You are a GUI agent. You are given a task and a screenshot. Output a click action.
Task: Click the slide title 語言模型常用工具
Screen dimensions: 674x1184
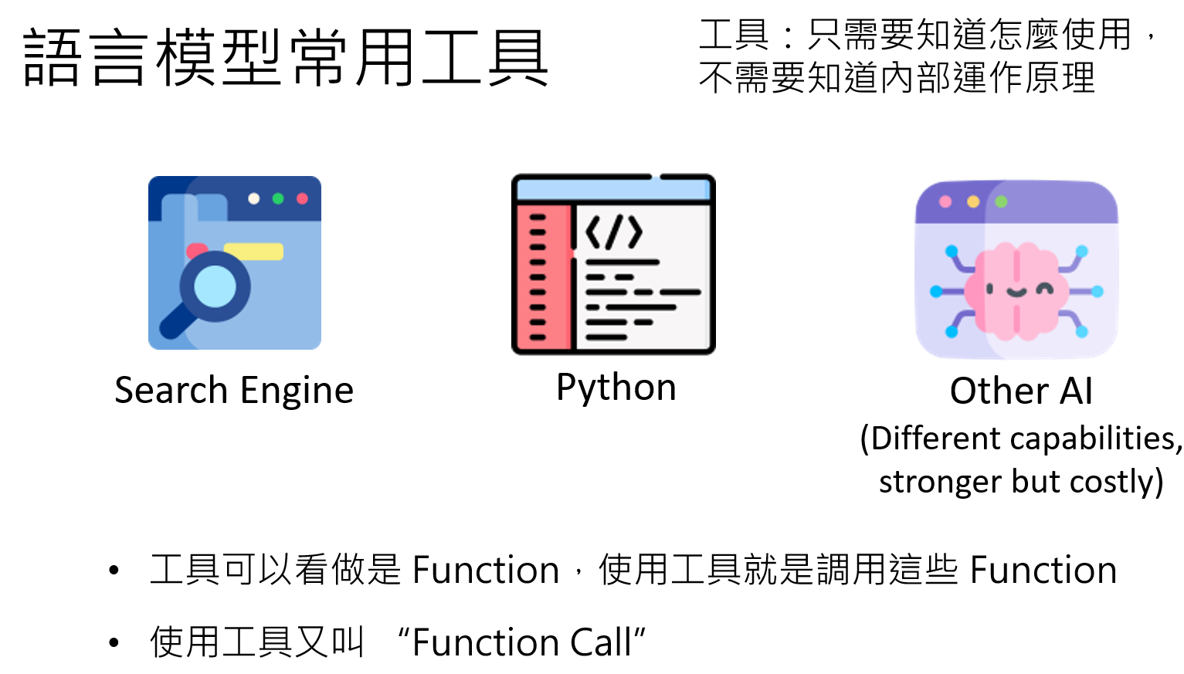tap(286, 58)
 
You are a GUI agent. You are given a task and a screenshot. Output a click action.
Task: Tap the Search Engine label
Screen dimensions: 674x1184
tap(234, 390)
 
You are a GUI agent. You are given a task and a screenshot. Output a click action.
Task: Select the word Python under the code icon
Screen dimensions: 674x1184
tap(616, 387)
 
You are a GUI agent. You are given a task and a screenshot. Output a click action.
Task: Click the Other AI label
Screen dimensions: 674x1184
tap(1020, 391)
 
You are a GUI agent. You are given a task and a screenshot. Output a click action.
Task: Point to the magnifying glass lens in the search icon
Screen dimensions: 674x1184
tap(215, 286)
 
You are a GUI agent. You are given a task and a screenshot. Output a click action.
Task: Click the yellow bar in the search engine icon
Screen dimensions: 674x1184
tap(254, 252)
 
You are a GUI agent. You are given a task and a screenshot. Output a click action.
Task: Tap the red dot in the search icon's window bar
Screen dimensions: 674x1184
tap(302, 199)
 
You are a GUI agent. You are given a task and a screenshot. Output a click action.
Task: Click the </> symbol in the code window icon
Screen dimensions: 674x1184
tap(614, 232)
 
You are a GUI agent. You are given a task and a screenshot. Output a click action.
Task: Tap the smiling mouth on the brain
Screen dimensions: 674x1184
tap(1016, 293)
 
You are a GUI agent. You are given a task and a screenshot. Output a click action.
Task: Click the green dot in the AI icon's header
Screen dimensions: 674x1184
tap(1002, 202)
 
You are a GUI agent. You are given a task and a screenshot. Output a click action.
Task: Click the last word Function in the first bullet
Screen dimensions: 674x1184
tap(1043, 571)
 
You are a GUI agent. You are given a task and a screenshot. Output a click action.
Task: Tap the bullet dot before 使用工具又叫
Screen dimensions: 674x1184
tap(114, 642)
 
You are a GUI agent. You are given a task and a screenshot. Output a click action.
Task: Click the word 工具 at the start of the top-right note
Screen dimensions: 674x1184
tap(733, 35)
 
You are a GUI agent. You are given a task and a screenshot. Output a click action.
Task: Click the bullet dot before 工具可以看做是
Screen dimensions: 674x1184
tap(114, 571)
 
